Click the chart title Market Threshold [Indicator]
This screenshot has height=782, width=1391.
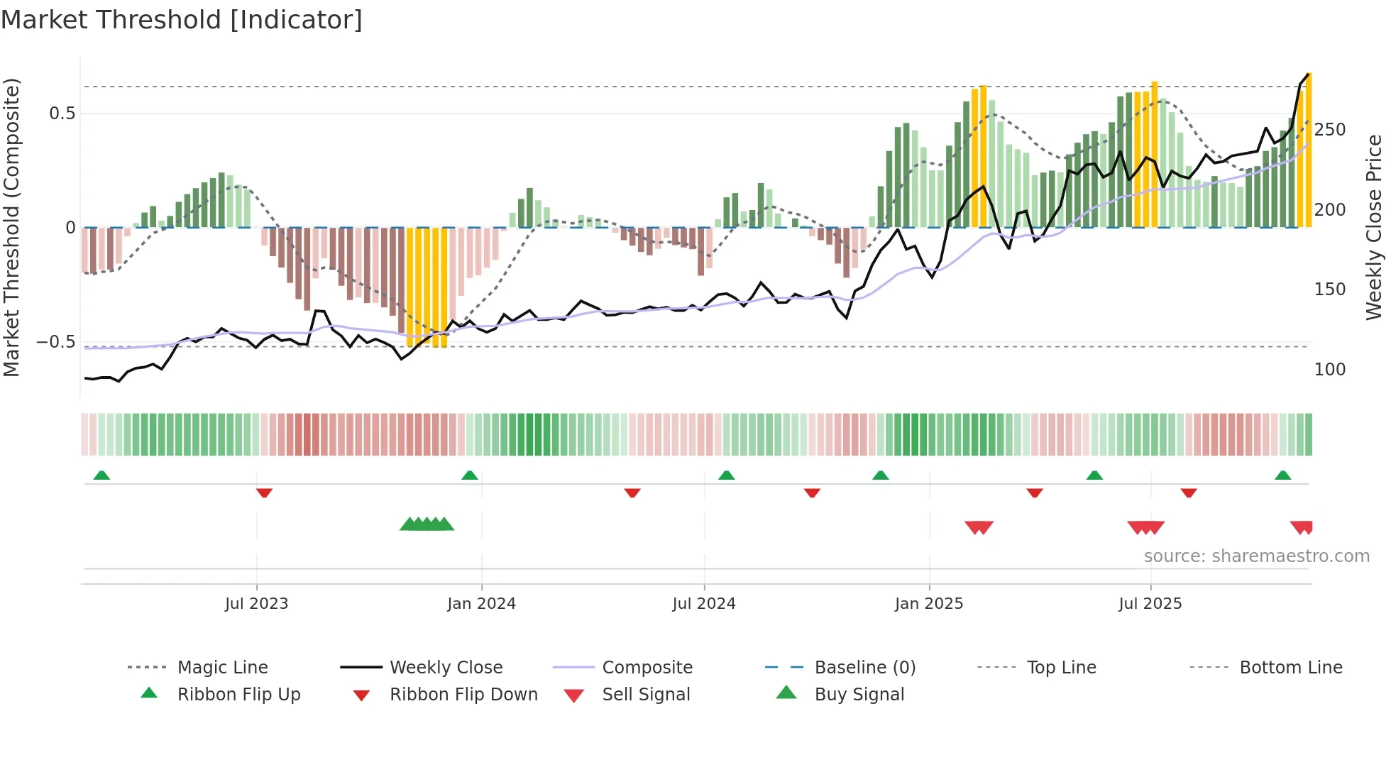tap(182, 20)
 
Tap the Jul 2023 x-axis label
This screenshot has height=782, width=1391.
tap(256, 604)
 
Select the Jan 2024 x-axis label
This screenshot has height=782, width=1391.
tap(481, 604)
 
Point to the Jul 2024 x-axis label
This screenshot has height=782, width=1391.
tap(703, 604)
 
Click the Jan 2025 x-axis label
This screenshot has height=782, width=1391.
tap(928, 604)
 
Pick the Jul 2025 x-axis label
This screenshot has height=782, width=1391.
tap(1150, 604)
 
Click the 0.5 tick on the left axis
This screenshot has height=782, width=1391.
tap(62, 114)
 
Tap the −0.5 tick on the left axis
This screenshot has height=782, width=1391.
tap(56, 342)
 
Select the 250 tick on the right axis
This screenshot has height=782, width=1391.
tap(1329, 130)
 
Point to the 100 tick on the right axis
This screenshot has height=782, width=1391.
tap(1329, 370)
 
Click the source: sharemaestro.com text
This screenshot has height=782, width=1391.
tap(1256, 556)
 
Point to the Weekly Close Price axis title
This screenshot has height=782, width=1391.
tap(1374, 227)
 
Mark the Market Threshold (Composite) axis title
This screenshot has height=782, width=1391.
tap(11, 227)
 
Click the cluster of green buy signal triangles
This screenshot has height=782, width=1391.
tap(427, 524)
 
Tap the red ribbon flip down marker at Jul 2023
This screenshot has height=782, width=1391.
tap(264, 492)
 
